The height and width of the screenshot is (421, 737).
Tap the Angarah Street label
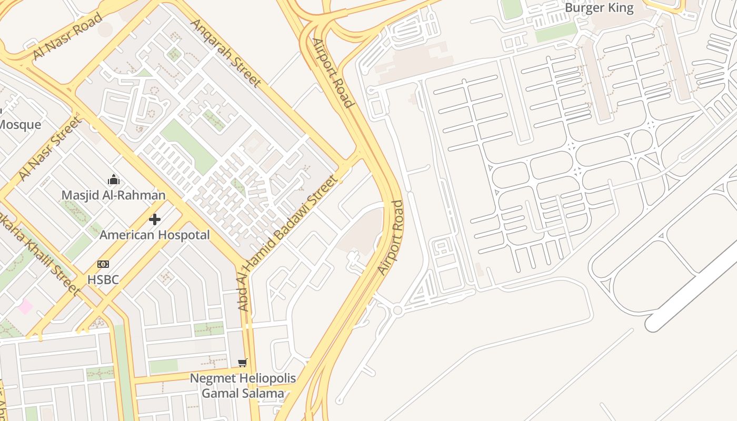pyautogui.click(x=225, y=52)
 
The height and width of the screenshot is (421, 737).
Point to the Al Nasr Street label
pyautogui.click(x=50, y=149)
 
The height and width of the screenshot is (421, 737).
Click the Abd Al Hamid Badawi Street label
pyautogui.click(x=287, y=243)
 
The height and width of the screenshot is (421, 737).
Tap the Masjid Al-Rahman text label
pyautogui.click(x=113, y=195)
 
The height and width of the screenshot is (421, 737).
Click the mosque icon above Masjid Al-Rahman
pyautogui.click(x=113, y=180)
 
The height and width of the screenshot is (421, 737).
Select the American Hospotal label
pyautogui.click(x=155, y=235)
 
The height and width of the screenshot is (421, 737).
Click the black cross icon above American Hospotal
pyautogui.click(x=155, y=219)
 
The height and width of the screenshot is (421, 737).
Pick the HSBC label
pyautogui.click(x=103, y=280)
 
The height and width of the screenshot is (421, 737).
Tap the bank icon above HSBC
pyautogui.click(x=103, y=264)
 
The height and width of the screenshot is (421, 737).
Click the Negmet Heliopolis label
pyautogui.click(x=243, y=378)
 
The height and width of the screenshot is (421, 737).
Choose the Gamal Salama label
pyautogui.click(x=243, y=393)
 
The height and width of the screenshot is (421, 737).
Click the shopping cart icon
pyautogui.click(x=243, y=362)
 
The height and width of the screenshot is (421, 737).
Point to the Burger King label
pyautogui.click(x=599, y=8)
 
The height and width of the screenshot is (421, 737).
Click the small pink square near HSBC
pyautogui.click(x=25, y=306)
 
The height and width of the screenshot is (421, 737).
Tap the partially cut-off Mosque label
pyautogui.click(x=20, y=125)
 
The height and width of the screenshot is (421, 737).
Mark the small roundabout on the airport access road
pyautogui.click(x=397, y=310)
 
